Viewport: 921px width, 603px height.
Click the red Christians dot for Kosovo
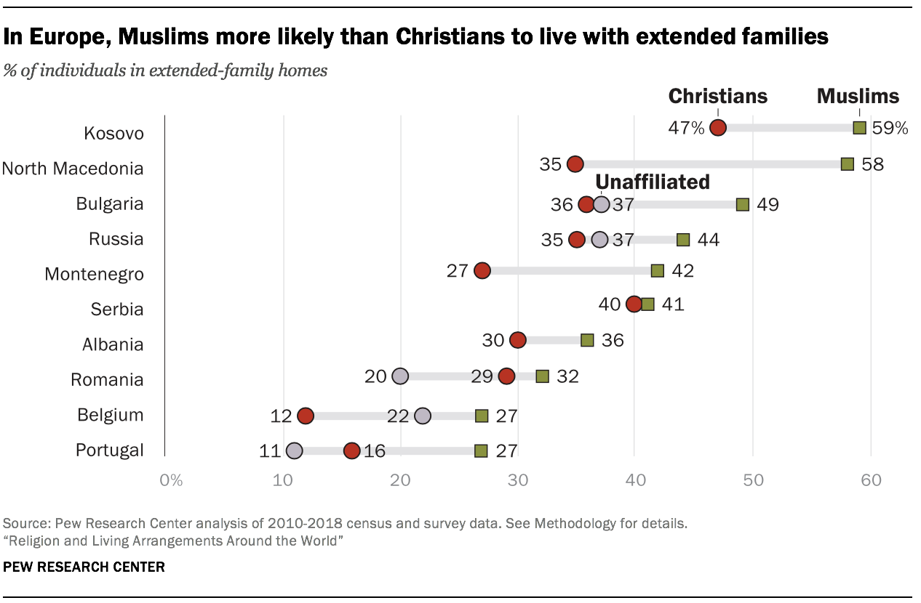718,129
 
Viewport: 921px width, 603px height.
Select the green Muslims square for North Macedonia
848,164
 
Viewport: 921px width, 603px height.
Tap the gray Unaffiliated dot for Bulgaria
601,204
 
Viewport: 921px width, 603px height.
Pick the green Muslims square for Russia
683,240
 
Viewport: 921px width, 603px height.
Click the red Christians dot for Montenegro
482,271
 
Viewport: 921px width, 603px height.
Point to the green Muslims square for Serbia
647,304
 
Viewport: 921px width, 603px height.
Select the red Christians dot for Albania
517,340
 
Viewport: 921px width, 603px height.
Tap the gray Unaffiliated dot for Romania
399,376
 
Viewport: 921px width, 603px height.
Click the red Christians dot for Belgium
305,416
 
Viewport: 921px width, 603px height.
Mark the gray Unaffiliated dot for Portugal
294,451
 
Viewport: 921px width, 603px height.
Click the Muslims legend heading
858,96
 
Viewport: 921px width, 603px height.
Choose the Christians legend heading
717,96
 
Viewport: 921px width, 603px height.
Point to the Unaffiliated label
653,182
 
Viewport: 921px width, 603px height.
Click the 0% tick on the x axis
170,480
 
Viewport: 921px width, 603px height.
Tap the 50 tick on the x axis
752,480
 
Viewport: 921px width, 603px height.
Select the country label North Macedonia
73,169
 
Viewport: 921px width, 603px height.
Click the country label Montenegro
94,275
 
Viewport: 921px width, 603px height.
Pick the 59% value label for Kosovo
891,129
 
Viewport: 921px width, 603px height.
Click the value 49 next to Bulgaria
767,204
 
